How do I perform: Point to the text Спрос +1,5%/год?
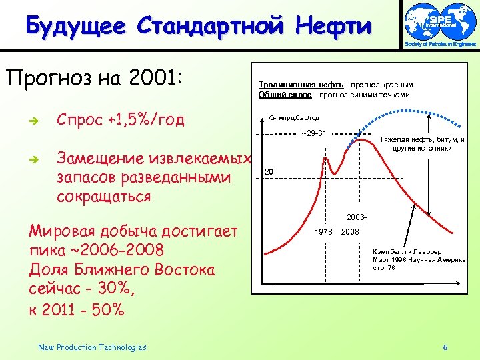point(121,121)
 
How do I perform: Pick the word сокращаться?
point(104,197)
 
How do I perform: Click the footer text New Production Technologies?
point(92,347)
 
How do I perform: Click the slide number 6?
point(445,347)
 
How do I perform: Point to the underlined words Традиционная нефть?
point(301,85)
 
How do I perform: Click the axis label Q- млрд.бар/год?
point(294,118)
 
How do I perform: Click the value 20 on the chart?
point(269,171)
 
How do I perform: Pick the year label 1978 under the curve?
point(324,231)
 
